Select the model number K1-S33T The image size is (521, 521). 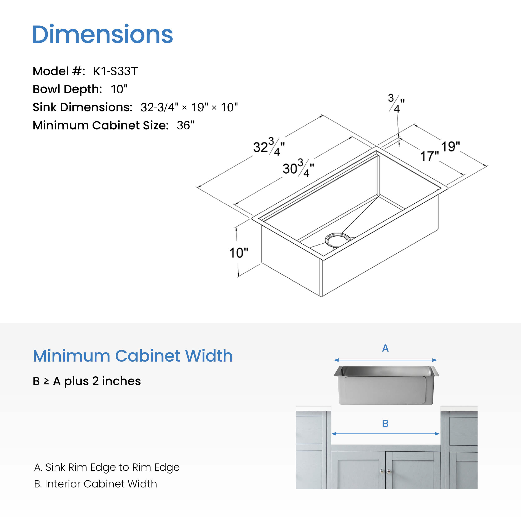[115, 71]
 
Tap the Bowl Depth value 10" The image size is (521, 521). [119, 89]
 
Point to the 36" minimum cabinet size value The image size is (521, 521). [185, 125]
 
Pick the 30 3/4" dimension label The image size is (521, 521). [298, 168]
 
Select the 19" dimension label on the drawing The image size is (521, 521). [451, 147]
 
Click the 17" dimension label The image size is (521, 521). [430, 156]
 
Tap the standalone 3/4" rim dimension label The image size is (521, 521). [396, 103]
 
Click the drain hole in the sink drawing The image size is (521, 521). [337, 240]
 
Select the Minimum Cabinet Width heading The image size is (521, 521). [133, 356]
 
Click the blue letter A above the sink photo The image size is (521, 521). [385, 348]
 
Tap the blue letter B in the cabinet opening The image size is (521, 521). [385, 424]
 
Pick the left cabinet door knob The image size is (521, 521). [382, 471]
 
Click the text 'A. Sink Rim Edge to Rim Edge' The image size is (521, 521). [107, 467]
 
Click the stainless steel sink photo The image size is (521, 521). [386, 385]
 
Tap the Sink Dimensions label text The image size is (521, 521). [83, 107]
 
